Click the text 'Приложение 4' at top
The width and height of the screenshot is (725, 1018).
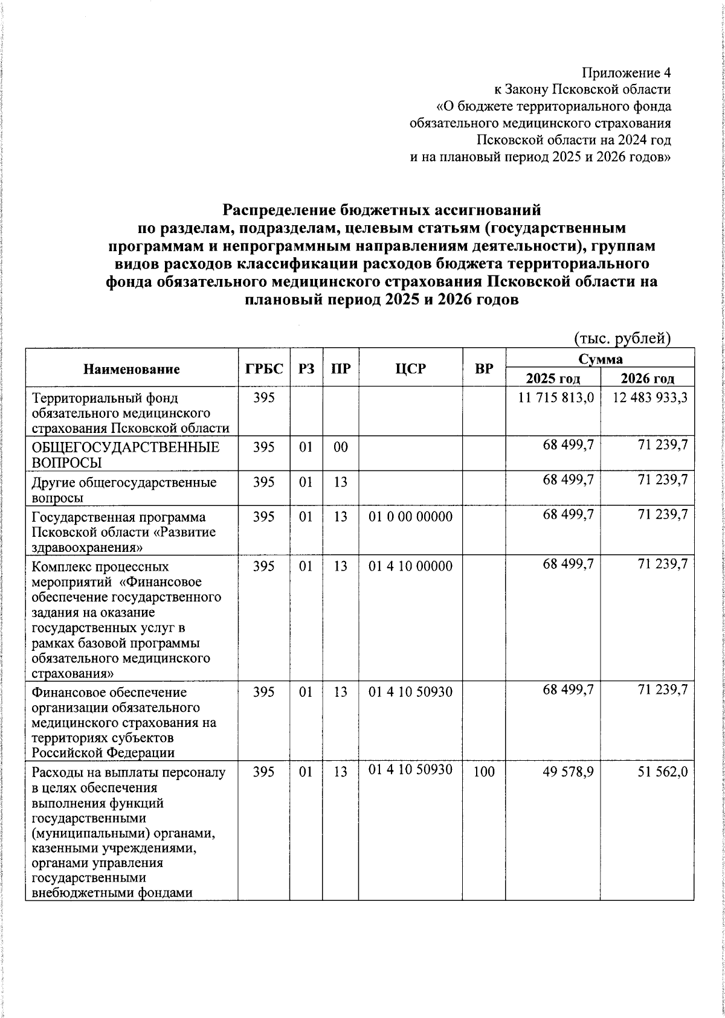(x=626, y=74)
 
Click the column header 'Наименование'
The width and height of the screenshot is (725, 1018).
(x=132, y=369)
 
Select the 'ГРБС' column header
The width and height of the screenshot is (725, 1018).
(x=264, y=368)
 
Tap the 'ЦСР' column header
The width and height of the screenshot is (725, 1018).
(x=411, y=368)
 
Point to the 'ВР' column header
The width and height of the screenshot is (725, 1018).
(x=484, y=368)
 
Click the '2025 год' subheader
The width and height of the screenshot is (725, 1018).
(x=553, y=379)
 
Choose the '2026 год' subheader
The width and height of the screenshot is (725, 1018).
(x=647, y=379)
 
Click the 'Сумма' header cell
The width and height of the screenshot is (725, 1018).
(x=600, y=359)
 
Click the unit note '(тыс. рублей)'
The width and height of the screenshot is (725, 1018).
(x=622, y=338)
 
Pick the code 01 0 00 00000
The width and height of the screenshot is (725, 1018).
(x=410, y=517)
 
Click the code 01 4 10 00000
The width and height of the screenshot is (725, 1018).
(x=410, y=566)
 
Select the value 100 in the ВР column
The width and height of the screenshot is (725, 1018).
(x=484, y=772)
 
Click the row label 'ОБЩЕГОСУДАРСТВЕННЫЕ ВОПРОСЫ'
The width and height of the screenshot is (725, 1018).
(x=125, y=455)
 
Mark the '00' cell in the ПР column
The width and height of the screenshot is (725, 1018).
(x=341, y=447)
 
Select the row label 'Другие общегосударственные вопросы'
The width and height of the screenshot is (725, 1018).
(x=124, y=490)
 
